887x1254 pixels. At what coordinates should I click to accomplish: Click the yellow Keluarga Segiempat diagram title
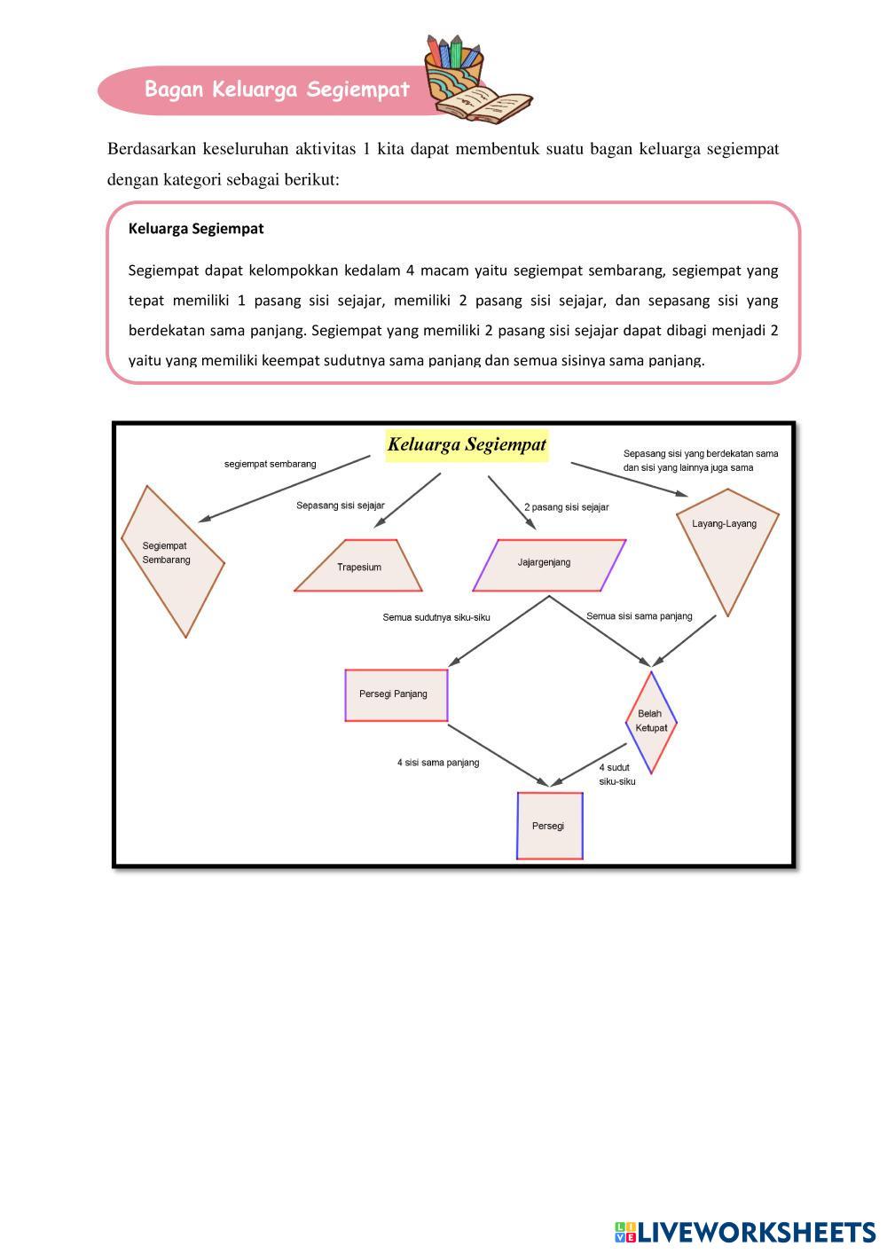click(x=467, y=444)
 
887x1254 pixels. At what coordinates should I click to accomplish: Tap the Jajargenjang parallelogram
click(x=548, y=564)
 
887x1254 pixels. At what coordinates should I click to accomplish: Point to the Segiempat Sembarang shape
click(x=170, y=559)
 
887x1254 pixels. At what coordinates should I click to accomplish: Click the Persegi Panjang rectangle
click(x=396, y=694)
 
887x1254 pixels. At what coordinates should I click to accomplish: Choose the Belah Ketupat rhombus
click(x=651, y=721)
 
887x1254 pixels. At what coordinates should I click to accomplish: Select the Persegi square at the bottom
click(x=549, y=826)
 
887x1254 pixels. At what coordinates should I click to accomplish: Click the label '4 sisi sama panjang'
click(x=438, y=762)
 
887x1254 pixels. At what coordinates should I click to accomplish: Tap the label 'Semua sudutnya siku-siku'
click(x=436, y=617)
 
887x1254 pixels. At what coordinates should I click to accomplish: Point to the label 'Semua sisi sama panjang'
click(x=639, y=616)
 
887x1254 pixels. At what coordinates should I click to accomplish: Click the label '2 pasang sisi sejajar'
click(x=566, y=507)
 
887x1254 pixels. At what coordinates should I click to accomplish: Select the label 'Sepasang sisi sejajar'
click(x=341, y=506)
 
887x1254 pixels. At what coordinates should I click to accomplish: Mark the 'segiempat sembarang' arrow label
click(x=270, y=464)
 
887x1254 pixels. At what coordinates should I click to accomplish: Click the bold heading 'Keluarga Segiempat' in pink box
click(x=196, y=229)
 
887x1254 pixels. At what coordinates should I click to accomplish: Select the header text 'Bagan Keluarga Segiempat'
click(x=277, y=90)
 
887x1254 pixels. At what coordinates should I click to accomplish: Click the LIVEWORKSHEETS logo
click(x=744, y=1232)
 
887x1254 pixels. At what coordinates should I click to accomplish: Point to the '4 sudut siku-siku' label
click(x=616, y=774)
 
